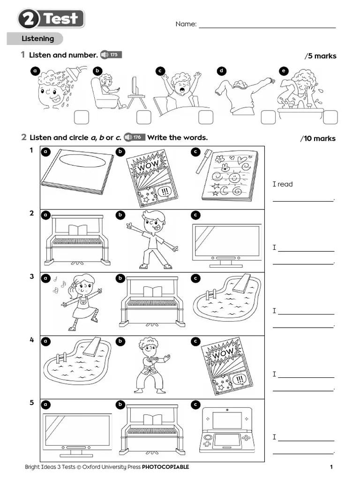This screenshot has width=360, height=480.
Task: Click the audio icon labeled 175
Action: tap(110, 55)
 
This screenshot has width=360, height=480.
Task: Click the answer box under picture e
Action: tap(330, 117)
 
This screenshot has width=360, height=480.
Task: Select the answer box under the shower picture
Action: tap(81, 117)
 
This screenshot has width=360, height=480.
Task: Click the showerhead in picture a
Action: tap(71, 73)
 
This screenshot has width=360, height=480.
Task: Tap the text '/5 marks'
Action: tap(321, 56)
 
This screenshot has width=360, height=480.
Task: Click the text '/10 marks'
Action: tap(318, 139)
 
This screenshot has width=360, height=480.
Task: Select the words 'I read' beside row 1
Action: tap(283, 184)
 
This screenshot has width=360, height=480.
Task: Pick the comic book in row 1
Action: tap(152, 178)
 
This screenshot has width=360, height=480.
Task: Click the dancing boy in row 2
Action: tap(152, 240)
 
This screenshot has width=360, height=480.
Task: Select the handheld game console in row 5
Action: tap(226, 430)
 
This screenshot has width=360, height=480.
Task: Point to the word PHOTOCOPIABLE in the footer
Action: tap(165, 467)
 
